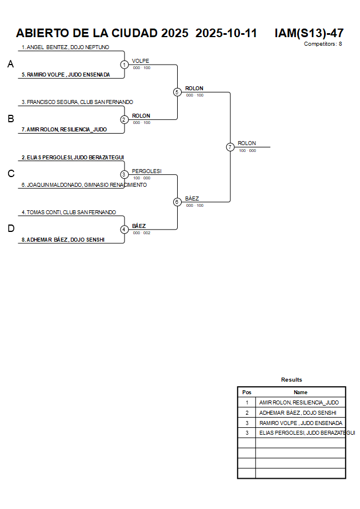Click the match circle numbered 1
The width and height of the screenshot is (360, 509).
pyautogui.click(x=125, y=65)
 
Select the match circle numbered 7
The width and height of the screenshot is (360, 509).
pyautogui.click(x=230, y=147)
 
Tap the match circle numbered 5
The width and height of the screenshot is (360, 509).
pyautogui.click(x=177, y=92)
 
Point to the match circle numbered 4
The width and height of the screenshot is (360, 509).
pyautogui.click(x=125, y=229)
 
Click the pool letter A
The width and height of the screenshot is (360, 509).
pyautogui.click(x=10, y=65)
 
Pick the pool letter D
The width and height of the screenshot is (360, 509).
pyautogui.click(x=10, y=229)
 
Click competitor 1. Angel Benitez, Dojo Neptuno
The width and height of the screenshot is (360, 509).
pyautogui.click(x=65, y=47)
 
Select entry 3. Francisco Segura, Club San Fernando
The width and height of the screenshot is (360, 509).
pyautogui.click(x=77, y=102)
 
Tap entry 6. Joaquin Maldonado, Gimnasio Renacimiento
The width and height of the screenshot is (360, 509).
pyautogui.click(x=84, y=185)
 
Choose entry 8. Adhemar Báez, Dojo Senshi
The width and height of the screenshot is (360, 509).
pyautogui.click(x=63, y=240)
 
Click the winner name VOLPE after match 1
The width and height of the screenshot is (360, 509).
pyautogui.click(x=141, y=61)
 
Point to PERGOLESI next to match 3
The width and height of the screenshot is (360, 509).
pyautogui.click(x=147, y=171)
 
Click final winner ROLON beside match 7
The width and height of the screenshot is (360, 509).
pyautogui.click(x=247, y=143)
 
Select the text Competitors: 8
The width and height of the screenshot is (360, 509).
pyautogui.click(x=323, y=44)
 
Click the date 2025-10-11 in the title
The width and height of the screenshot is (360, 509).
pyautogui.click(x=226, y=33)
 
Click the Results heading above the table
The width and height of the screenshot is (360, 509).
pyautogui.click(x=291, y=380)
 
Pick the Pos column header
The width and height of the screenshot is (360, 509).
pyautogui.click(x=247, y=392)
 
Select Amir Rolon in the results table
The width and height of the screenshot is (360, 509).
pyautogui.click(x=299, y=403)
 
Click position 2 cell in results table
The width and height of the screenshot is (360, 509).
pyautogui.click(x=247, y=413)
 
